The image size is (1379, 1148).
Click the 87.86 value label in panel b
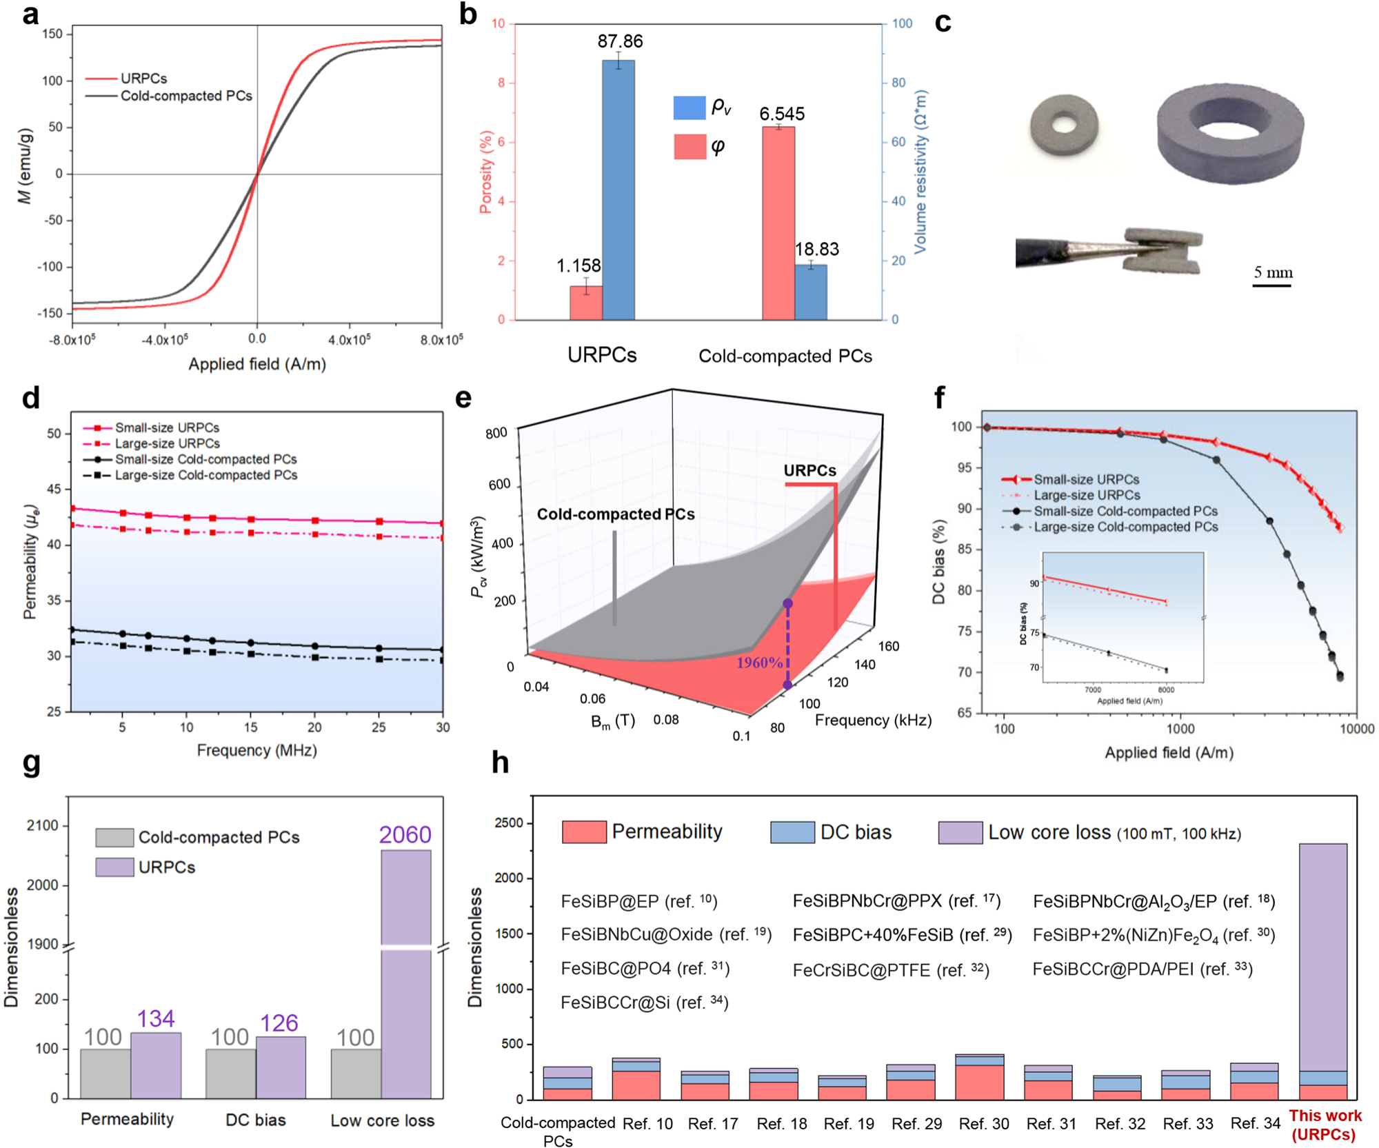tap(620, 41)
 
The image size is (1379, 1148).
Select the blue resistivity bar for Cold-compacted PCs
tap(811, 292)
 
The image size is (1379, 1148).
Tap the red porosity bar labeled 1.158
tap(585, 303)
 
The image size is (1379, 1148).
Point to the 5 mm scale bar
tap(1272, 284)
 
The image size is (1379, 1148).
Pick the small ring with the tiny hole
tap(1065, 125)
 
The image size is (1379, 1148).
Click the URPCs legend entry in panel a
tap(143, 79)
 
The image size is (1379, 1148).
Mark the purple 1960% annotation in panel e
tap(759, 663)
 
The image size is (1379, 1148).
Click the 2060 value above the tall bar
tap(405, 835)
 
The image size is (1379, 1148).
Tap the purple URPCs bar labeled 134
tap(156, 1065)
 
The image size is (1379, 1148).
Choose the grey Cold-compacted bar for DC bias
tap(230, 1073)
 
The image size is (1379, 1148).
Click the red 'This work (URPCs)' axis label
tap(1325, 1125)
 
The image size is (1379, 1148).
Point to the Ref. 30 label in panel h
tap(983, 1124)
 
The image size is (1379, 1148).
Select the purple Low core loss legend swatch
tap(960, 832)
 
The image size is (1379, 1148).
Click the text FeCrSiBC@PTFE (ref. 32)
tap(890, 970)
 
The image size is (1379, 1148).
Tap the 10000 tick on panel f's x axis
tap(1356, 729)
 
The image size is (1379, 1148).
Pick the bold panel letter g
tap(31, 763)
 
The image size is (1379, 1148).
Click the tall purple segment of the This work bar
tap(1322, 958)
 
